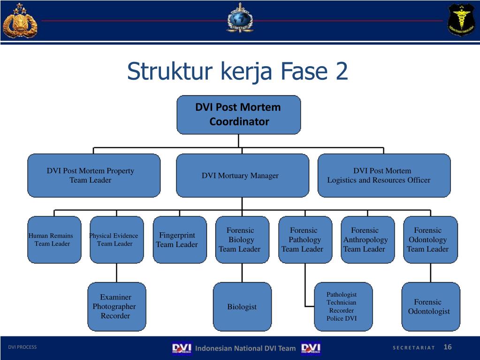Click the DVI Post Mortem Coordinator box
click(238, 115)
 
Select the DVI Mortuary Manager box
click(242, 176)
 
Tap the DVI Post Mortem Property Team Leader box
click(94, 176)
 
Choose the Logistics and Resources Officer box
click(384, 176)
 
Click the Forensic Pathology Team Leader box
click(305, 239)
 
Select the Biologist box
click(242, 306)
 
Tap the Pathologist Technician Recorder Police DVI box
click(343, 306)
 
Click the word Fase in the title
click(305, 71)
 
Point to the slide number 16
click(447, 347)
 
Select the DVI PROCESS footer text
click(22, 347)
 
